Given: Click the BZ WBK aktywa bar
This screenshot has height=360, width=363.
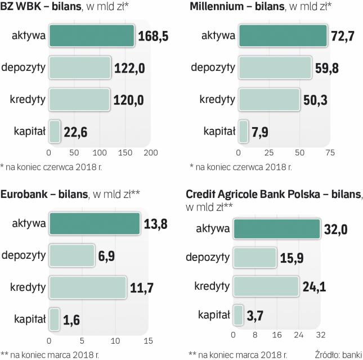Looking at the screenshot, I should point(92,37).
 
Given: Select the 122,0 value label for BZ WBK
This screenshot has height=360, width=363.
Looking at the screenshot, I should point(131,69).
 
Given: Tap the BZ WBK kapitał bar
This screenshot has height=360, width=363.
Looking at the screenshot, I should point(55,132).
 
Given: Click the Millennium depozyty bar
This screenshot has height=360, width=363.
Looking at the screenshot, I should point(275,69).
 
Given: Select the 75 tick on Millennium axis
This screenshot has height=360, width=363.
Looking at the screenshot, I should point(330,152).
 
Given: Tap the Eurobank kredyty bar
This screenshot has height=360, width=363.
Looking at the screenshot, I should point(88,287).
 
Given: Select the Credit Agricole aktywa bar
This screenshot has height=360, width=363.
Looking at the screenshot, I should point(277,229).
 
